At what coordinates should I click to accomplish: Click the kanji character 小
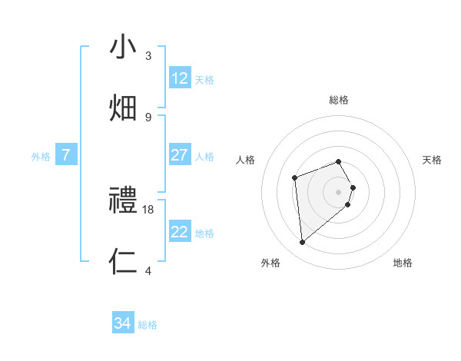tap(124, 47)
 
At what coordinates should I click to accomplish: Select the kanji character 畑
tap(124, 108)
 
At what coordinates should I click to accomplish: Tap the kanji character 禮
tap(124, 200)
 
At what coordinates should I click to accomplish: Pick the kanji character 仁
tap(124, 261)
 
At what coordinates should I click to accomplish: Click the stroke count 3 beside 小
tap(148, 55)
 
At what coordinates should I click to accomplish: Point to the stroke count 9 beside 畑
tap(148, 117)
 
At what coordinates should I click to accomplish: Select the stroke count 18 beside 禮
tap(148, 209)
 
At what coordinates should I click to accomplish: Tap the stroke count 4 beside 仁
tap(148, 270)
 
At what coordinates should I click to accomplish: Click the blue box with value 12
tap(180, 78)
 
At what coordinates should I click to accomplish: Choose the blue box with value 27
tap(180, 155)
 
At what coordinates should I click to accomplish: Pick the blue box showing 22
tap(180, 232)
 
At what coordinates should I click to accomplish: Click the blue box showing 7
tap(66, 155)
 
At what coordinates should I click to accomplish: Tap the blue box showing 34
tap(123, 324)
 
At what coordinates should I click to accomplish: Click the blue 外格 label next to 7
tap(41, 156)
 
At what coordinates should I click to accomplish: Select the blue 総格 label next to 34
tap(148, 325)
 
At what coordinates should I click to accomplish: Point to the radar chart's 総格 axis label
tap(339, 100)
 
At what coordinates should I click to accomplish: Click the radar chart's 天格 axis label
tap(432, 160)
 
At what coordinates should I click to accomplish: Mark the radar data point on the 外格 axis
tap(303, 243)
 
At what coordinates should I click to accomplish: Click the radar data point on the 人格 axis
tap(294, 178)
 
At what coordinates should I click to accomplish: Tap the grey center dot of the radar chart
tap(339, 191)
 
